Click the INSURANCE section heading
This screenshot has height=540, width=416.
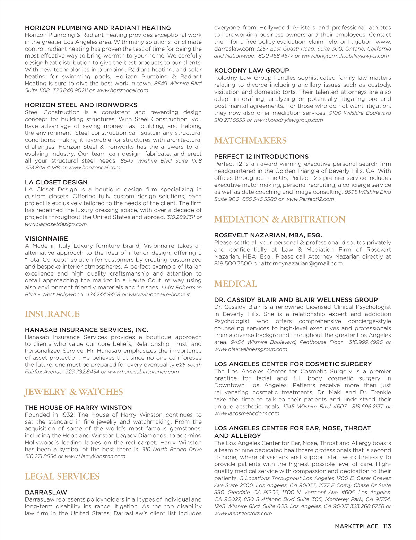pos(52,314)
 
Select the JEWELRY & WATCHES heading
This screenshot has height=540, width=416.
pos(74,392)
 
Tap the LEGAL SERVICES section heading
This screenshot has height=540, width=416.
pos(62,477)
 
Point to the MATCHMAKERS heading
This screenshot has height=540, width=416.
pos(250,141)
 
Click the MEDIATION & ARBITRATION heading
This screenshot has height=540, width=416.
pos(280,219)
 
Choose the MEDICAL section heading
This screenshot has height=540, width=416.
pos(235,284)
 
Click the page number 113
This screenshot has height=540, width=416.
pos(387,526)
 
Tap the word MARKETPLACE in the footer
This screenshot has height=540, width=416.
pos(356,526)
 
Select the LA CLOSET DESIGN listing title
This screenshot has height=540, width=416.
pos(56,182)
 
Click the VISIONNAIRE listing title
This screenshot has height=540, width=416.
pos(46,239)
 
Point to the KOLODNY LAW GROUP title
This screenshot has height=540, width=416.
pos(251,71)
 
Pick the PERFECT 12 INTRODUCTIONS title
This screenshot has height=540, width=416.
pos(261,157)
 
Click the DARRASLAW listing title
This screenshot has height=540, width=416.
pos(46,492)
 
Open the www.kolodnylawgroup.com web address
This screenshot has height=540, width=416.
pos(288,120)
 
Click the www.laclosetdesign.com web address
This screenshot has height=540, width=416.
pos(56,224)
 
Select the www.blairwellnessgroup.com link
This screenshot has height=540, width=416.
pos(251,349)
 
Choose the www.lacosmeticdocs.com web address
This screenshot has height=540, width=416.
pos(246,413)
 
